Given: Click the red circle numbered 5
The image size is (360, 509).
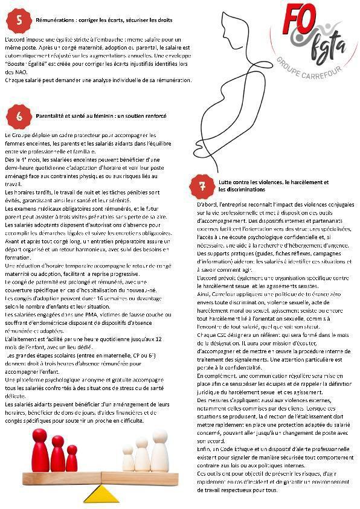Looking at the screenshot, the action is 19,20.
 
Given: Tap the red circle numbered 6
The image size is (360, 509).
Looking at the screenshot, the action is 19,116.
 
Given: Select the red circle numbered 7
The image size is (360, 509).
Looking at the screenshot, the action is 202,186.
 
